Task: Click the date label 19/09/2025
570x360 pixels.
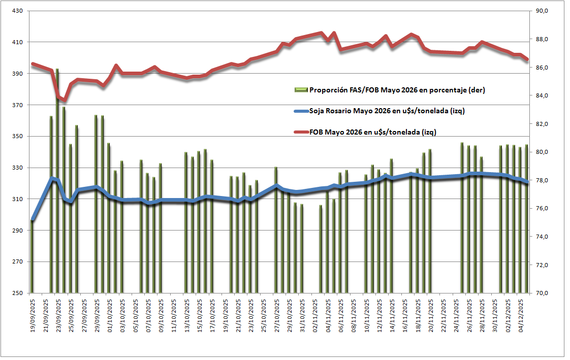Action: pyautogui.click(x=33, y=315)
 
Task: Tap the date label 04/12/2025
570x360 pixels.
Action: pyautogui.click(x=520, y=315)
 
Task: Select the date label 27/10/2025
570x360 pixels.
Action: pyautogui.click(x=276, y=315)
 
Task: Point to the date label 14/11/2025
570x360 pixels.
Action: pyautogui.click(x=392, y=315)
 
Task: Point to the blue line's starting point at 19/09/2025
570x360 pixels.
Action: pyautogui.click(x=32, y=220)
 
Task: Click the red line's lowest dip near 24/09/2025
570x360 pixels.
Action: pyautogui.click(x=64, y=100)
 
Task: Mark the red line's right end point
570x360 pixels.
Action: pyautogui.click(x=527, y=59)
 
